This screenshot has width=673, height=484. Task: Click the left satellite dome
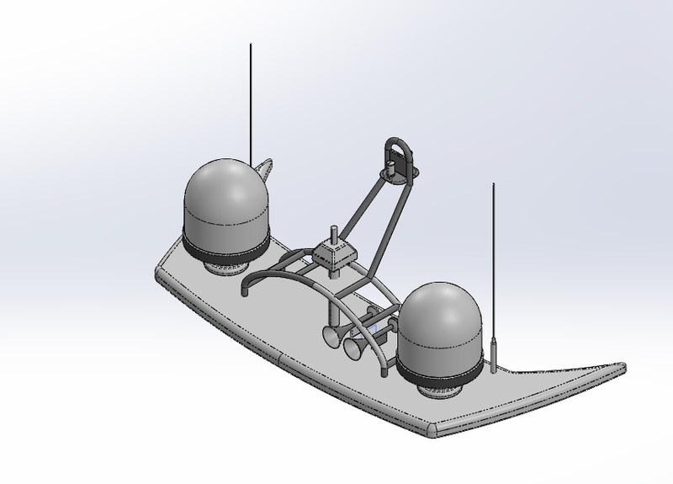click(x=226, y=202)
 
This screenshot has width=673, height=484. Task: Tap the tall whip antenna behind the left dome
click(x=251, y=101)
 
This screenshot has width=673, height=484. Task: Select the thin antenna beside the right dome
click(x=493, y=253)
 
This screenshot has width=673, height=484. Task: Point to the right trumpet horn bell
click(x=351, y=348)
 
